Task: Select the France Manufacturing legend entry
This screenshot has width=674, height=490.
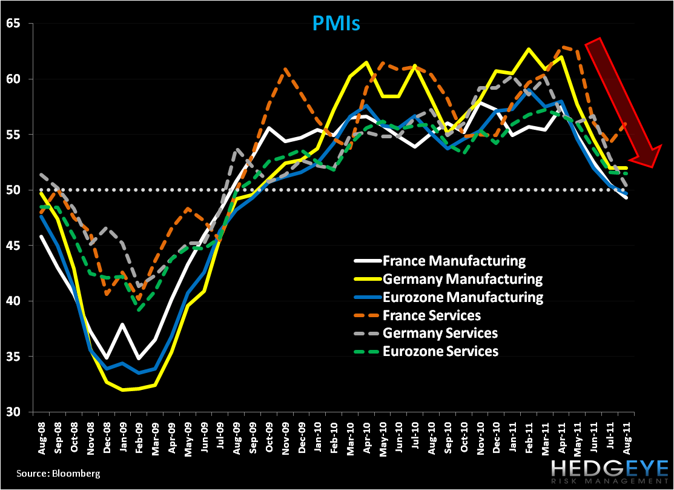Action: click(454, 261)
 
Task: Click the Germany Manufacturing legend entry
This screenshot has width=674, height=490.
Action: click(462, 280)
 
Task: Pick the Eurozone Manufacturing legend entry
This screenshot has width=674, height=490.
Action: click(463, 297)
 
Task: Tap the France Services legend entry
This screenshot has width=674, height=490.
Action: click(432, 315)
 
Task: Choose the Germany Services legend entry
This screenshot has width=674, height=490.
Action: click(440, 333)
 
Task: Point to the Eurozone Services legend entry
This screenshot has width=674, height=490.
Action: click(441, 351)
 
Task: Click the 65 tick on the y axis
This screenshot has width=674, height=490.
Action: click(14, 24)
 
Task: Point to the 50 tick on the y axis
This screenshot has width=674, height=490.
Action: click(14, 190)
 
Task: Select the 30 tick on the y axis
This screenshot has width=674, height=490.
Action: click(14, 412)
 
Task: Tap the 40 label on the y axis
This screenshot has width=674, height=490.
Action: click(14, 301)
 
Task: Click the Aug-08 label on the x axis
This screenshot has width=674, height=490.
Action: click(42, 436)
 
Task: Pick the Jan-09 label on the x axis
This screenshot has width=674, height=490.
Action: click(122, 436)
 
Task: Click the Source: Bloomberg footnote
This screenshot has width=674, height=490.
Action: click(50, 473)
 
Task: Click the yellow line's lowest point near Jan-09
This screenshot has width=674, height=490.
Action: click(123, 390)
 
